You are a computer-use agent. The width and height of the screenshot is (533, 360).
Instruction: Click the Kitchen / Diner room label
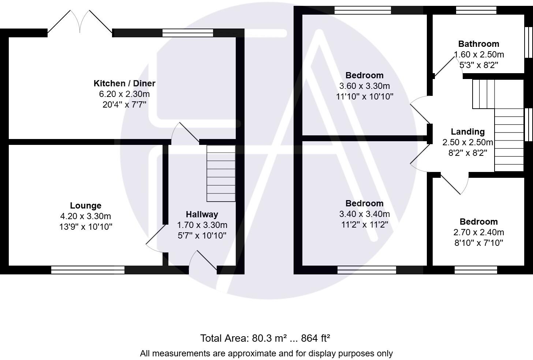(124, 83)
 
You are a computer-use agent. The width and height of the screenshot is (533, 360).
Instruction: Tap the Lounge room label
(86, 206)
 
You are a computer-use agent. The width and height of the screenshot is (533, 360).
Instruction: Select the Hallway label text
(202, 214)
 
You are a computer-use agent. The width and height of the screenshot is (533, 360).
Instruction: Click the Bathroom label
(478, 44)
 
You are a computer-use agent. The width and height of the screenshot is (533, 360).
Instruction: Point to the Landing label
(467, 132)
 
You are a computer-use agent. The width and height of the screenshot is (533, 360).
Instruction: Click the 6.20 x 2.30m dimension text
(124, 94)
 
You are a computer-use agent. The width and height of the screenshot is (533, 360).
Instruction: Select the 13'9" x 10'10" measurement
(86, 227)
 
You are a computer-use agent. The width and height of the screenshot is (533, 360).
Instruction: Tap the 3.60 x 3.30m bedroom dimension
(364, 86)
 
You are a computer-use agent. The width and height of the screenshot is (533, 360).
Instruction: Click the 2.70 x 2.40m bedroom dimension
(478, 232)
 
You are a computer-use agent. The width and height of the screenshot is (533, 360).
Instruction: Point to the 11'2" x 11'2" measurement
(364, 225)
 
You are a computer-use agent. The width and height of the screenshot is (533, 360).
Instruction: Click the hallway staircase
(221, 173)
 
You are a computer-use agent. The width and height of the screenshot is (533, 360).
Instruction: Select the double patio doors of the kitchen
(80, 23)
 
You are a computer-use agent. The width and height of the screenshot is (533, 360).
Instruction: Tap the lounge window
(88, 270)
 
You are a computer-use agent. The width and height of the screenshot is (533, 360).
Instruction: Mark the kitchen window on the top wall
(188, 33)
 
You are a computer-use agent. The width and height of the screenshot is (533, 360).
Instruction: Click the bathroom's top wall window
(476, 10)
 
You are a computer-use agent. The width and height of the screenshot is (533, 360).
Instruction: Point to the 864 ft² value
(315, 338)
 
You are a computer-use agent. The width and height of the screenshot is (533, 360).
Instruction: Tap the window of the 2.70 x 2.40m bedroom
(476, 270)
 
